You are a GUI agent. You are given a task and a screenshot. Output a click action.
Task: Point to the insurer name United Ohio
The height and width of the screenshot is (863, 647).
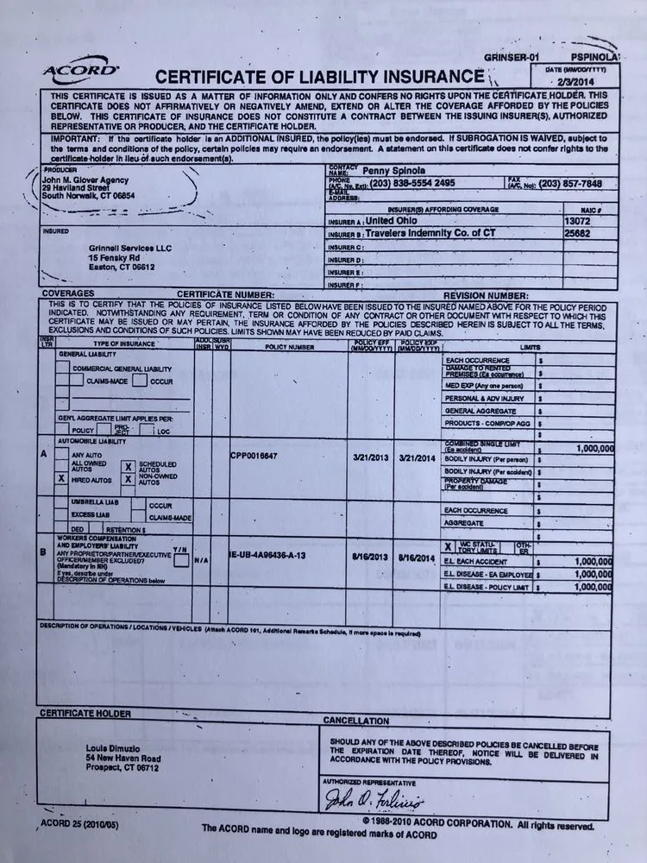pos(396,220)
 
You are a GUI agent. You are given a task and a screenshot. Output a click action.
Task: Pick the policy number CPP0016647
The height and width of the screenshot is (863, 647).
pos(254,455)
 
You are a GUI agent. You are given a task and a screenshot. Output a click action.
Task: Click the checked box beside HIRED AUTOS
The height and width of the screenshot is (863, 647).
pos(60,476)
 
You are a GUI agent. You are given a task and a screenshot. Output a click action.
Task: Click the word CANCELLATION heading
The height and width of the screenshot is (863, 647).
pos(355,721)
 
